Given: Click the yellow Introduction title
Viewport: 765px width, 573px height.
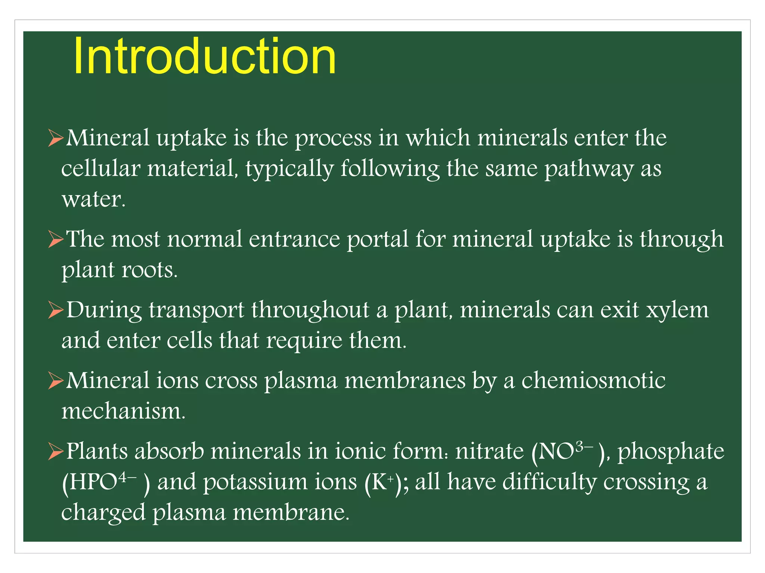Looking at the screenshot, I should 205,57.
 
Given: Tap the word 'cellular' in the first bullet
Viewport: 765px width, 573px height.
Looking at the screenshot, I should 100,168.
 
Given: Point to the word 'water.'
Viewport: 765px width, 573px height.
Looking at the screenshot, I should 93,199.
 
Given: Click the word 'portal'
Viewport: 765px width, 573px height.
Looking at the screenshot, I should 378,239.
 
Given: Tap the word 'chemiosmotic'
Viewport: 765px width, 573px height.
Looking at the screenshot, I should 593,381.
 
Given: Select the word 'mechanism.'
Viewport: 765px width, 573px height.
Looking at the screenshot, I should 123,411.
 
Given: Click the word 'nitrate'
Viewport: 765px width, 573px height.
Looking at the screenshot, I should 490,451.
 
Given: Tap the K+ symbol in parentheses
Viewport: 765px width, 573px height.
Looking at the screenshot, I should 382,482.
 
